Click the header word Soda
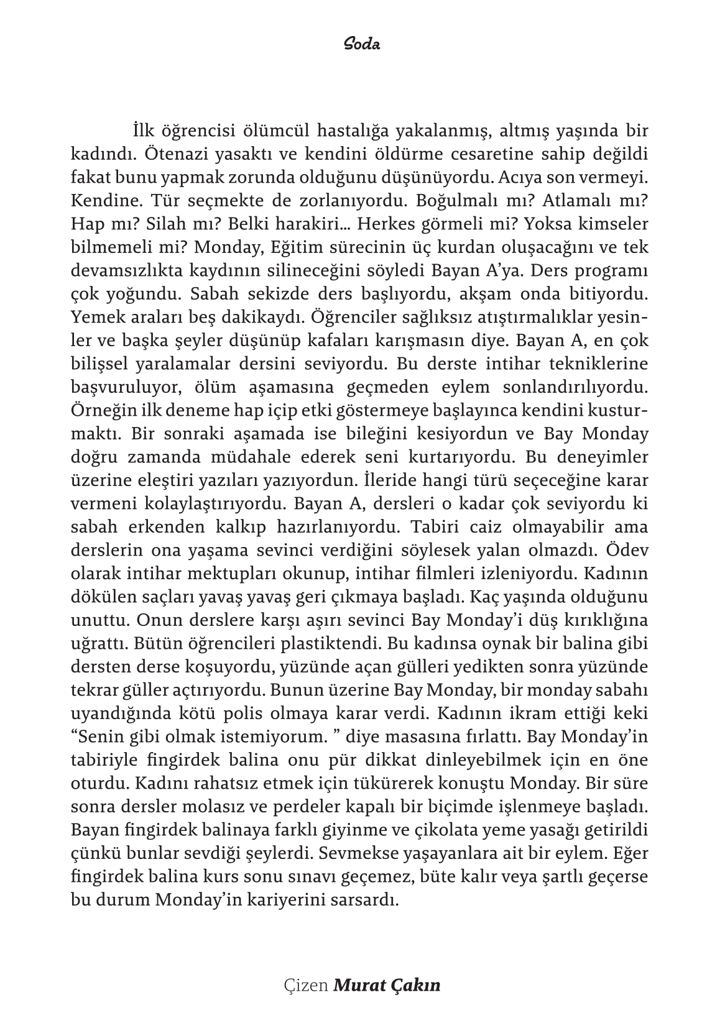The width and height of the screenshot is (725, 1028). [362, 45]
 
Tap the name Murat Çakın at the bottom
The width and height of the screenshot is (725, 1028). [387, 985]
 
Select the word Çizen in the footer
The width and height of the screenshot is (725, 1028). [305, 985]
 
